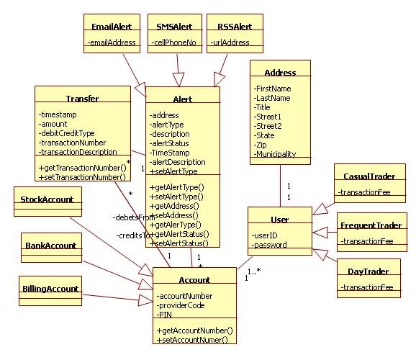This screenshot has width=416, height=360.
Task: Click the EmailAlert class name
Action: point(110,27)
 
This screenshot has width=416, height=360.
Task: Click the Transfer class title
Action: point(82,98)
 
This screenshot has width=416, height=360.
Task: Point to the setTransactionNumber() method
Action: point(82,176)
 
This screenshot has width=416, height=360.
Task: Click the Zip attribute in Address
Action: point(263,145)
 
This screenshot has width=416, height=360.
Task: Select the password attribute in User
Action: point(271,245)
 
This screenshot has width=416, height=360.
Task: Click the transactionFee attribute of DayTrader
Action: point(367,288)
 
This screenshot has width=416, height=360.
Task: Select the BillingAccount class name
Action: point(49,289)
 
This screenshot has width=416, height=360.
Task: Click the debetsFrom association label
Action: point(133,217)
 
